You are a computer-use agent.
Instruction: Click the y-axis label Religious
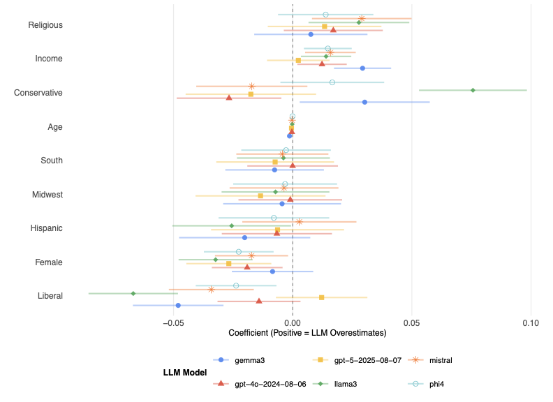(45, 25)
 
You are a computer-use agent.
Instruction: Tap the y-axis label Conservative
(38, 93)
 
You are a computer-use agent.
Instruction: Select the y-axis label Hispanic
(47, 228)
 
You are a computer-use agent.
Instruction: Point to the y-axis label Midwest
(47, 195)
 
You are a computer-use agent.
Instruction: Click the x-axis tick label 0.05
(411, 323)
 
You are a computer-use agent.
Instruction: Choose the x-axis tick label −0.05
(172, 323)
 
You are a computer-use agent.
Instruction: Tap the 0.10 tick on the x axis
(530, 323)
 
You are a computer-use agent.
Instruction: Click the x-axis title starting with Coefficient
(293, 334)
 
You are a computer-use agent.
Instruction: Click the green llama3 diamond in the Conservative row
(473, 90)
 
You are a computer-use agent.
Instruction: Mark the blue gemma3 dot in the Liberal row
(178, 305)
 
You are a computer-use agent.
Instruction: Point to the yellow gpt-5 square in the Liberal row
(321, 297)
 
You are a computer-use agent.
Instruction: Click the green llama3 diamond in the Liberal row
(133, 293)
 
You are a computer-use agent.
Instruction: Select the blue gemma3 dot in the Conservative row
(364, 102)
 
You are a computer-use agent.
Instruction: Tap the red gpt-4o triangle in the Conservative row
(229, 98)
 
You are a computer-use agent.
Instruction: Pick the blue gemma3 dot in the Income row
(362, 68)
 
